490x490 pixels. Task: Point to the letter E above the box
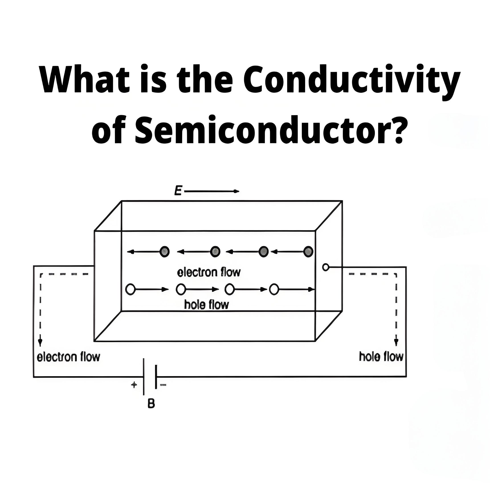[178, 191]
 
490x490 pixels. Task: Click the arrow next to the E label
[212, 191]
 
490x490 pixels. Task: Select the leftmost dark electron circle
[165, 252]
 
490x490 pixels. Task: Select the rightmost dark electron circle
[308, 252]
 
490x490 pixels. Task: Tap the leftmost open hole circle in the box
[130, 289]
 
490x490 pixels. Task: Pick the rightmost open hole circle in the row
[274, 289]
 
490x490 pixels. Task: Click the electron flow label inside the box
[208, 272]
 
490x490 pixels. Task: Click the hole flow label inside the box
[206, 305]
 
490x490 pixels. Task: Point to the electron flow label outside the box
[68, 357]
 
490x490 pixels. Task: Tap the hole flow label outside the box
[381, 356]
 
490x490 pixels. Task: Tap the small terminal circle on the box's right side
[326, 267]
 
